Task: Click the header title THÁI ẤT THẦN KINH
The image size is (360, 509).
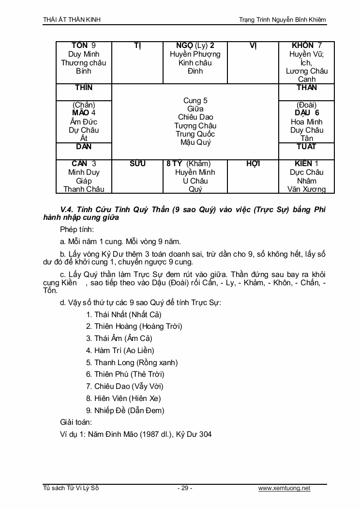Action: [x=72, y=19]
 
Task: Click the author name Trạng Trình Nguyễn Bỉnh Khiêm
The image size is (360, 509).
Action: [x=283, y=19]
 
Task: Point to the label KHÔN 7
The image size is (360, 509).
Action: [x=307, y=46]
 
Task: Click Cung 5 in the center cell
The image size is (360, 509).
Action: [x=195, y=101]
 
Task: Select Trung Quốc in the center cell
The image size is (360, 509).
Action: [x=195, y=134]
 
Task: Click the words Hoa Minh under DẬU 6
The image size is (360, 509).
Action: [x=306, y=122]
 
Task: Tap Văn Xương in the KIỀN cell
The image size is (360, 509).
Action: [x=306, y=189]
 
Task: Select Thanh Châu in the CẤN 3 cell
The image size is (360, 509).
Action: [x=84, y=189]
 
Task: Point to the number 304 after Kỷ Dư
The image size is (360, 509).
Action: [x=205, y=434]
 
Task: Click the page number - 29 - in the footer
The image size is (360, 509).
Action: [x=184, y=488]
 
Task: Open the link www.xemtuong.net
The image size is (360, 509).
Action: [x=284, y=488]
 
